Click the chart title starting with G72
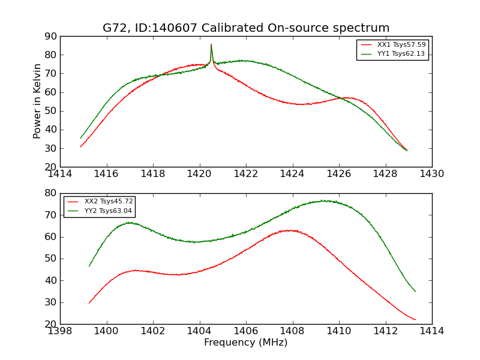tap(246, 28)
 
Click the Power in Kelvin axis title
tap(37, 101)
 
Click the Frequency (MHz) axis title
tap(246, 343)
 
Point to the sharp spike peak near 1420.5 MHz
tap(211, 44)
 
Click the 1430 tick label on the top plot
tap(432, 175)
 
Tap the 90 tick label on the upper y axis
tap(50, 37)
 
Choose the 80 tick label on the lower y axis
tap(50, 193)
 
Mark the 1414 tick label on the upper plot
tap(60, 175)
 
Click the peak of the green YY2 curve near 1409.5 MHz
tap(323, 200)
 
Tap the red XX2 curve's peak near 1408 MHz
tap(290, 230)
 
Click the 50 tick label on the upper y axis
tap(50, 111)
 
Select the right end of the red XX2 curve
tap(415, 320)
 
